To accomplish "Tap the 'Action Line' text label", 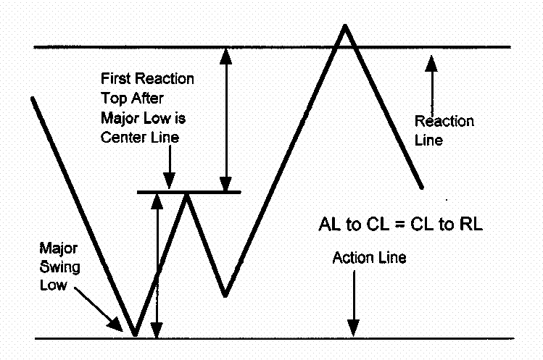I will [x=369, y=257].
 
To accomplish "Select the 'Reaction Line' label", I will [x=444, y=130].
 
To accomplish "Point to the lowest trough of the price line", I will [x=135, y=335].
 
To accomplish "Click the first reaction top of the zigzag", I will [x=187, y=194].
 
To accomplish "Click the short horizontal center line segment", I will [x=188, y=192].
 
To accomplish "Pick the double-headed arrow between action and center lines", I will [x=157, y=265].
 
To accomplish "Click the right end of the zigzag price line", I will [x=420, y=187].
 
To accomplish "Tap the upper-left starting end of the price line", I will [x=33, y=98].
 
